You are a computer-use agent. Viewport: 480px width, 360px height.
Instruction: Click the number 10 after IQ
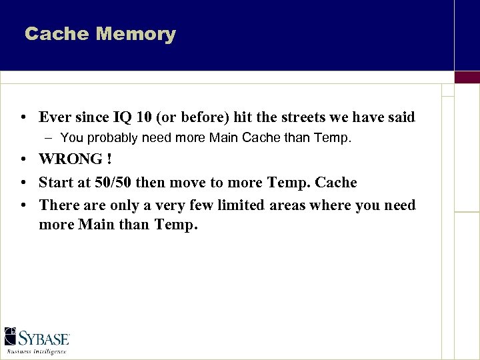pyautogui.click(x=143, y=117)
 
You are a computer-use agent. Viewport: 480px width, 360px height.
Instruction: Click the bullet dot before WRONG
pyautogui.click(x=23, y=160)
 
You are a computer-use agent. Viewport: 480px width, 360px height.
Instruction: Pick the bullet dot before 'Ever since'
pyautogui.click(x=23, y=118)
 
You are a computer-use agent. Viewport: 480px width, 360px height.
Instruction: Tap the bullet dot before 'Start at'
pyautogui.click(x=23, y=183)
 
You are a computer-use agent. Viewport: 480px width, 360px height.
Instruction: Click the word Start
pyautogui.click(x=55, y=183)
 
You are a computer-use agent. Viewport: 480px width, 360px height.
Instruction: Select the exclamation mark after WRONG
pyautogui.click(x=108, y=160)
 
